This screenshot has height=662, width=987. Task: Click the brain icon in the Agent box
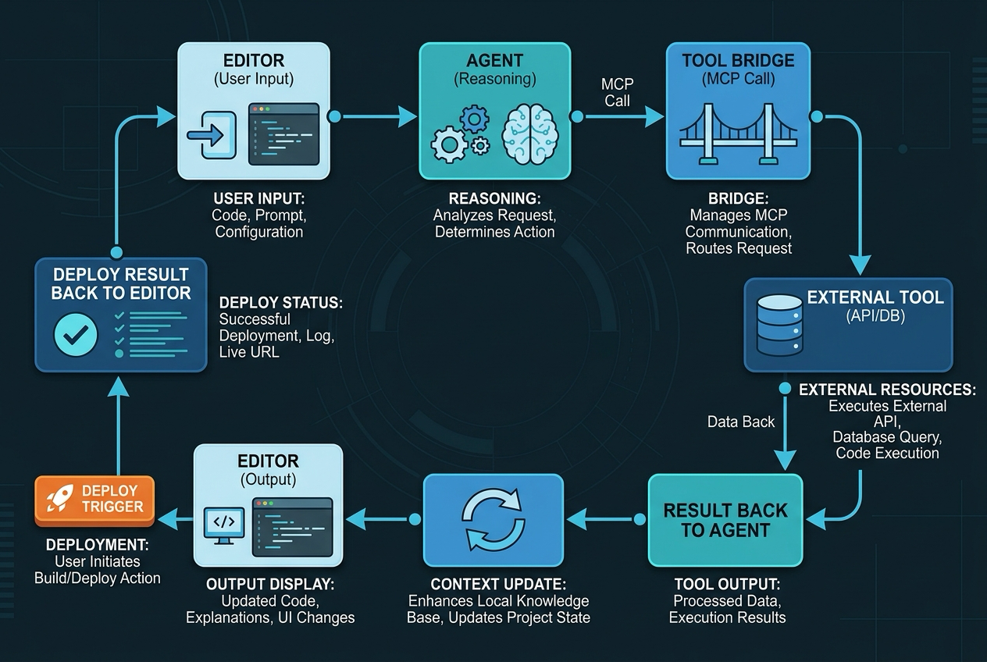point(530,134)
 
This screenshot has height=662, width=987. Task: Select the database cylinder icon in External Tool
point(779,325)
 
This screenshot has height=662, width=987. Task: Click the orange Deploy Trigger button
point(94,500)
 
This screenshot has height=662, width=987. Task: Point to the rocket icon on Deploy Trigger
point(59,498)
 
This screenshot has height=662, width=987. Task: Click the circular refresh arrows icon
point(494,519)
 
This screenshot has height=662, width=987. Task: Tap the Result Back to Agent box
point(725,520)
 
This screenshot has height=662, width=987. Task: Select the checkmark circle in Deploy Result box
point(75,335)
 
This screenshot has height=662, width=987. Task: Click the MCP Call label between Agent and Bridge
point(618,92)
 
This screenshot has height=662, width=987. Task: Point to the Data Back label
point(741,422)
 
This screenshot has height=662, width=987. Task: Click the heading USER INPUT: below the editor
point(259,198)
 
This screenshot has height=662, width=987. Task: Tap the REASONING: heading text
point(495,198)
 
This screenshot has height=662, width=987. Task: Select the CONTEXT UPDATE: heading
point(498,585)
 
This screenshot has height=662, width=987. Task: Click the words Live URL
point(249,352)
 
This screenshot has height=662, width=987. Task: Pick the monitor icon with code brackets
point(224,526)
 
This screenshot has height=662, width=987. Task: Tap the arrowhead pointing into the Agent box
point(408,117)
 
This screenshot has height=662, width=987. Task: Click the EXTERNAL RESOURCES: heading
point(887,390)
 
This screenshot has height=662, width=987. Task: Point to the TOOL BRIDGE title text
point(738,61)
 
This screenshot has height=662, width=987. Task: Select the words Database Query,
point(887,437)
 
